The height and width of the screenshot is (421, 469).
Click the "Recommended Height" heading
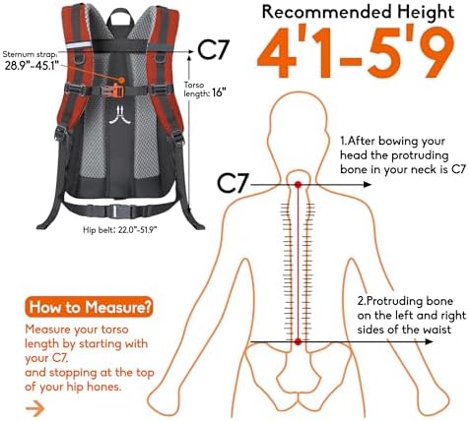(358, 12)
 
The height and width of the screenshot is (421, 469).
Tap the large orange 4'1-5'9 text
(357, 52)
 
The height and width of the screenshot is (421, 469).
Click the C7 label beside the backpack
(213, 50)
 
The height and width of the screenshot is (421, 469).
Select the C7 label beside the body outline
(232, 184)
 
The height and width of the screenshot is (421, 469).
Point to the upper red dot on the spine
(298, 185)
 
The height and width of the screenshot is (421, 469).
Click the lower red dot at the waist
(298, 342)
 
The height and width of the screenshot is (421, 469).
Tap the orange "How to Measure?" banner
(90, 307)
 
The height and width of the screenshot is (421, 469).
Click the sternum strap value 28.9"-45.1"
(32, 66)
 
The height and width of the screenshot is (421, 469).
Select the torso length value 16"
(220, 92)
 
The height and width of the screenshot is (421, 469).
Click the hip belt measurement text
(120, 230)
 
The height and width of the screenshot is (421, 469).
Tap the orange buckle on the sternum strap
(118, 90)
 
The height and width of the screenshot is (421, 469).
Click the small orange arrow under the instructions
(34, 408)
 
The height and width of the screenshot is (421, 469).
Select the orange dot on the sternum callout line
(121, 80)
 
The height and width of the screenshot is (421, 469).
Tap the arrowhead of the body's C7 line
(368, 185)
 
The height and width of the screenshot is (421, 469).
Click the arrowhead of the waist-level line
(430, 341)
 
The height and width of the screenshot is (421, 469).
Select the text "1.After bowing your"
(393, 141)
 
